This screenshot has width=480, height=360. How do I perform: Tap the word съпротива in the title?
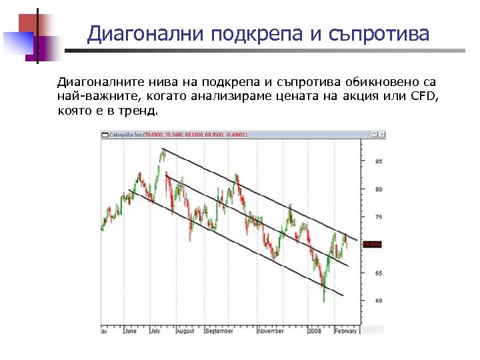click(x=379, y=33)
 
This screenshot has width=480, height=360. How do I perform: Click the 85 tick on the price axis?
click(x=379, y=161)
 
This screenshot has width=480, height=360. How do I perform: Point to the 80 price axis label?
click(x=379, y=189)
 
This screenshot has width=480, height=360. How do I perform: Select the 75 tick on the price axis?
click(x=379, y=217)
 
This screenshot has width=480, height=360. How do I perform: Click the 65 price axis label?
click(x=379, y=273)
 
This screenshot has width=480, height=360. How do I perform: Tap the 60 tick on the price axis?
click(x=379, y=301)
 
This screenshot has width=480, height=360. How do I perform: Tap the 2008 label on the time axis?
click(x=315, y=330)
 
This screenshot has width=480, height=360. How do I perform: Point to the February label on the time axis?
click(x=345, y=330)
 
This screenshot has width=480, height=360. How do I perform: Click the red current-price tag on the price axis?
click(x=371, y=245)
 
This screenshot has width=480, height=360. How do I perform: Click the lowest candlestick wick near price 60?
click(x=324, y=298)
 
